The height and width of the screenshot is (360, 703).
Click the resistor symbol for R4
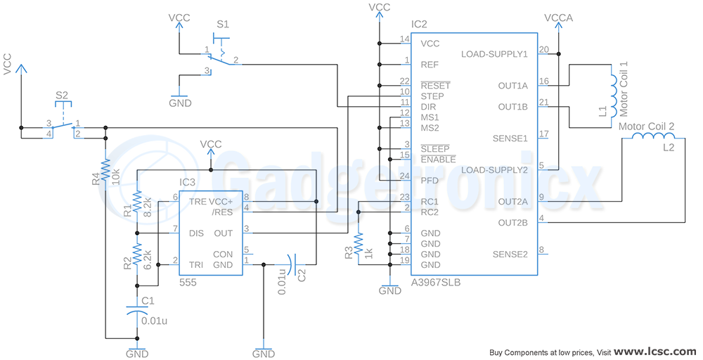(105, 169)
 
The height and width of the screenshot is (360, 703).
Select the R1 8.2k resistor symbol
(137, 201)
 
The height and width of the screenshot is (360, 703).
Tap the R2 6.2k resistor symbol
(137, 255)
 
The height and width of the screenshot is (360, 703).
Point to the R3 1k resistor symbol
(359, 244)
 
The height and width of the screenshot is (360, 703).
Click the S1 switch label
(222, 24)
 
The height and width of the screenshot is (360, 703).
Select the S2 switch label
(62, 95)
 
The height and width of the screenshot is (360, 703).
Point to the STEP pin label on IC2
(432, 96)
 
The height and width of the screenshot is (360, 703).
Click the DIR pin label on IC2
(428, 107)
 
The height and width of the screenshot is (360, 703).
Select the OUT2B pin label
(513, 223)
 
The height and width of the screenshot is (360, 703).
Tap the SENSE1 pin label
(510, 139)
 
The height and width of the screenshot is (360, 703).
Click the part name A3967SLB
(436, 283)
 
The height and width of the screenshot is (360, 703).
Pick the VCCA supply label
(559, 18)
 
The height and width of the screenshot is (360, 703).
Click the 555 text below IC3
(188, 283)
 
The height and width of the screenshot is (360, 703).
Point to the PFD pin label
(430, 181)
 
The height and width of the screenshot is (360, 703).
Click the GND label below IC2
(390, 290)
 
